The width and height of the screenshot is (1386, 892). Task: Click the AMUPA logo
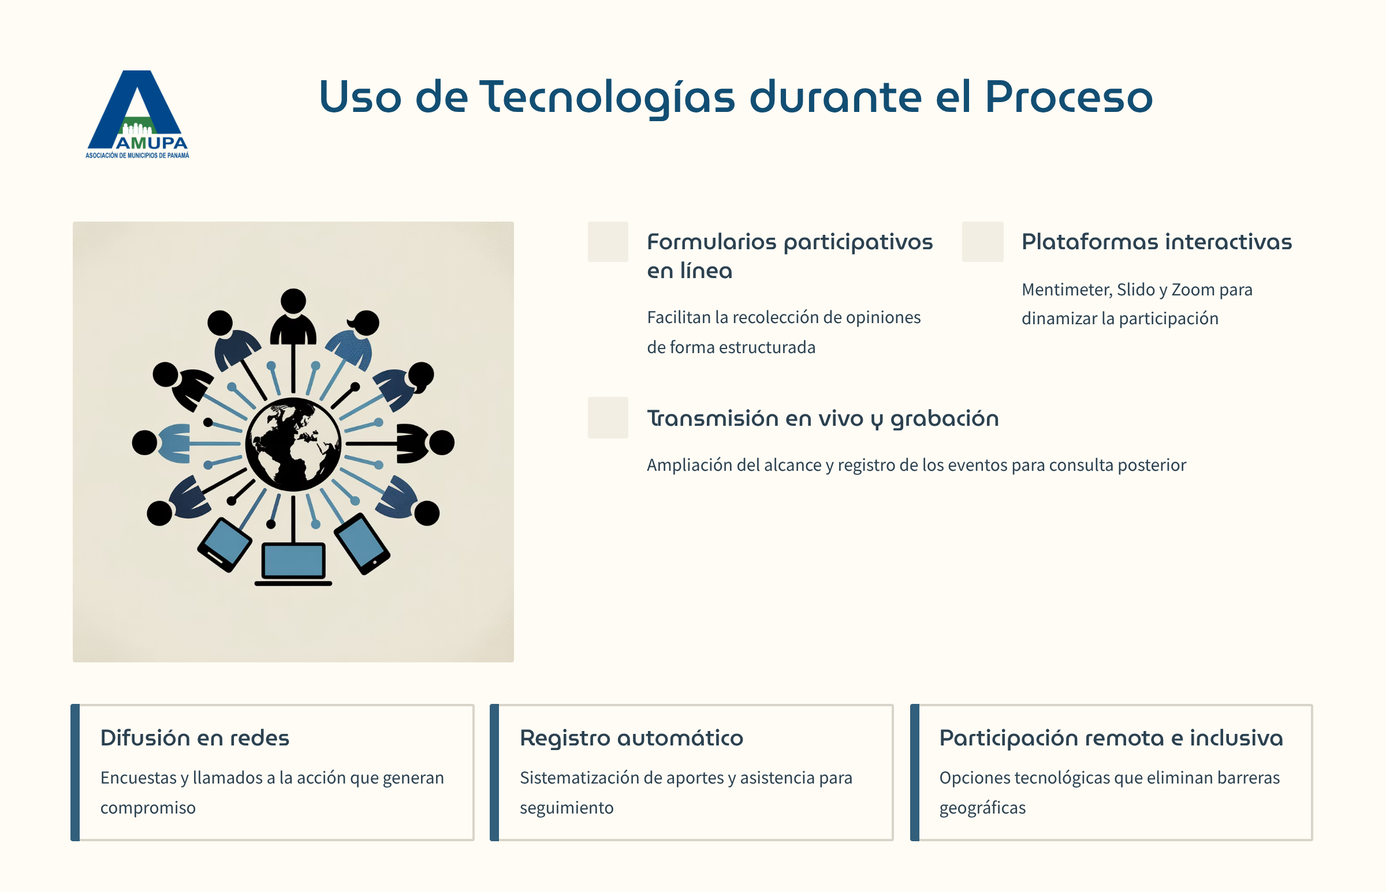coord(137,114)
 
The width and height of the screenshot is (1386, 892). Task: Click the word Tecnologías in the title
coord(607,98)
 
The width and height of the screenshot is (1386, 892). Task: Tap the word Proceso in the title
coord(1069,96)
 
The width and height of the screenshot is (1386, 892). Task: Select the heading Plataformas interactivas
coord(1157,242)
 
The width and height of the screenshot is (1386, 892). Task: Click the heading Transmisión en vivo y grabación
coord(822,419)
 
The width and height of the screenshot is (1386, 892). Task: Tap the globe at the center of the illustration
coord(293,444)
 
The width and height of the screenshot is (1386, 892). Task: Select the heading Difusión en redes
coord(195,738)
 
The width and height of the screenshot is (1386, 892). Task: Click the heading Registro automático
coord(631,738)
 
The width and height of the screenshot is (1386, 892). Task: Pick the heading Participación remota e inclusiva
coord(1111,738)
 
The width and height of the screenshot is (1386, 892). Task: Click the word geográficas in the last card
coord(982,808)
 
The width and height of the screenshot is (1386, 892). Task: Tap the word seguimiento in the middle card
coord(567,808)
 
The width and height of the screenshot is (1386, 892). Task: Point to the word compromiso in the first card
coord(148,808)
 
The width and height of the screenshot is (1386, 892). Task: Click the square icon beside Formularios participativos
coord(608,242)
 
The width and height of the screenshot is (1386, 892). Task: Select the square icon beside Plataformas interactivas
coord(982,242)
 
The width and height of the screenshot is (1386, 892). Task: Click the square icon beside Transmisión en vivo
coord(608,418)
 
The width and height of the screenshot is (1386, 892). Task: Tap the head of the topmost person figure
coord(293,301)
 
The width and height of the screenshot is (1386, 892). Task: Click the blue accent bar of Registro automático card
coord(494,773)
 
